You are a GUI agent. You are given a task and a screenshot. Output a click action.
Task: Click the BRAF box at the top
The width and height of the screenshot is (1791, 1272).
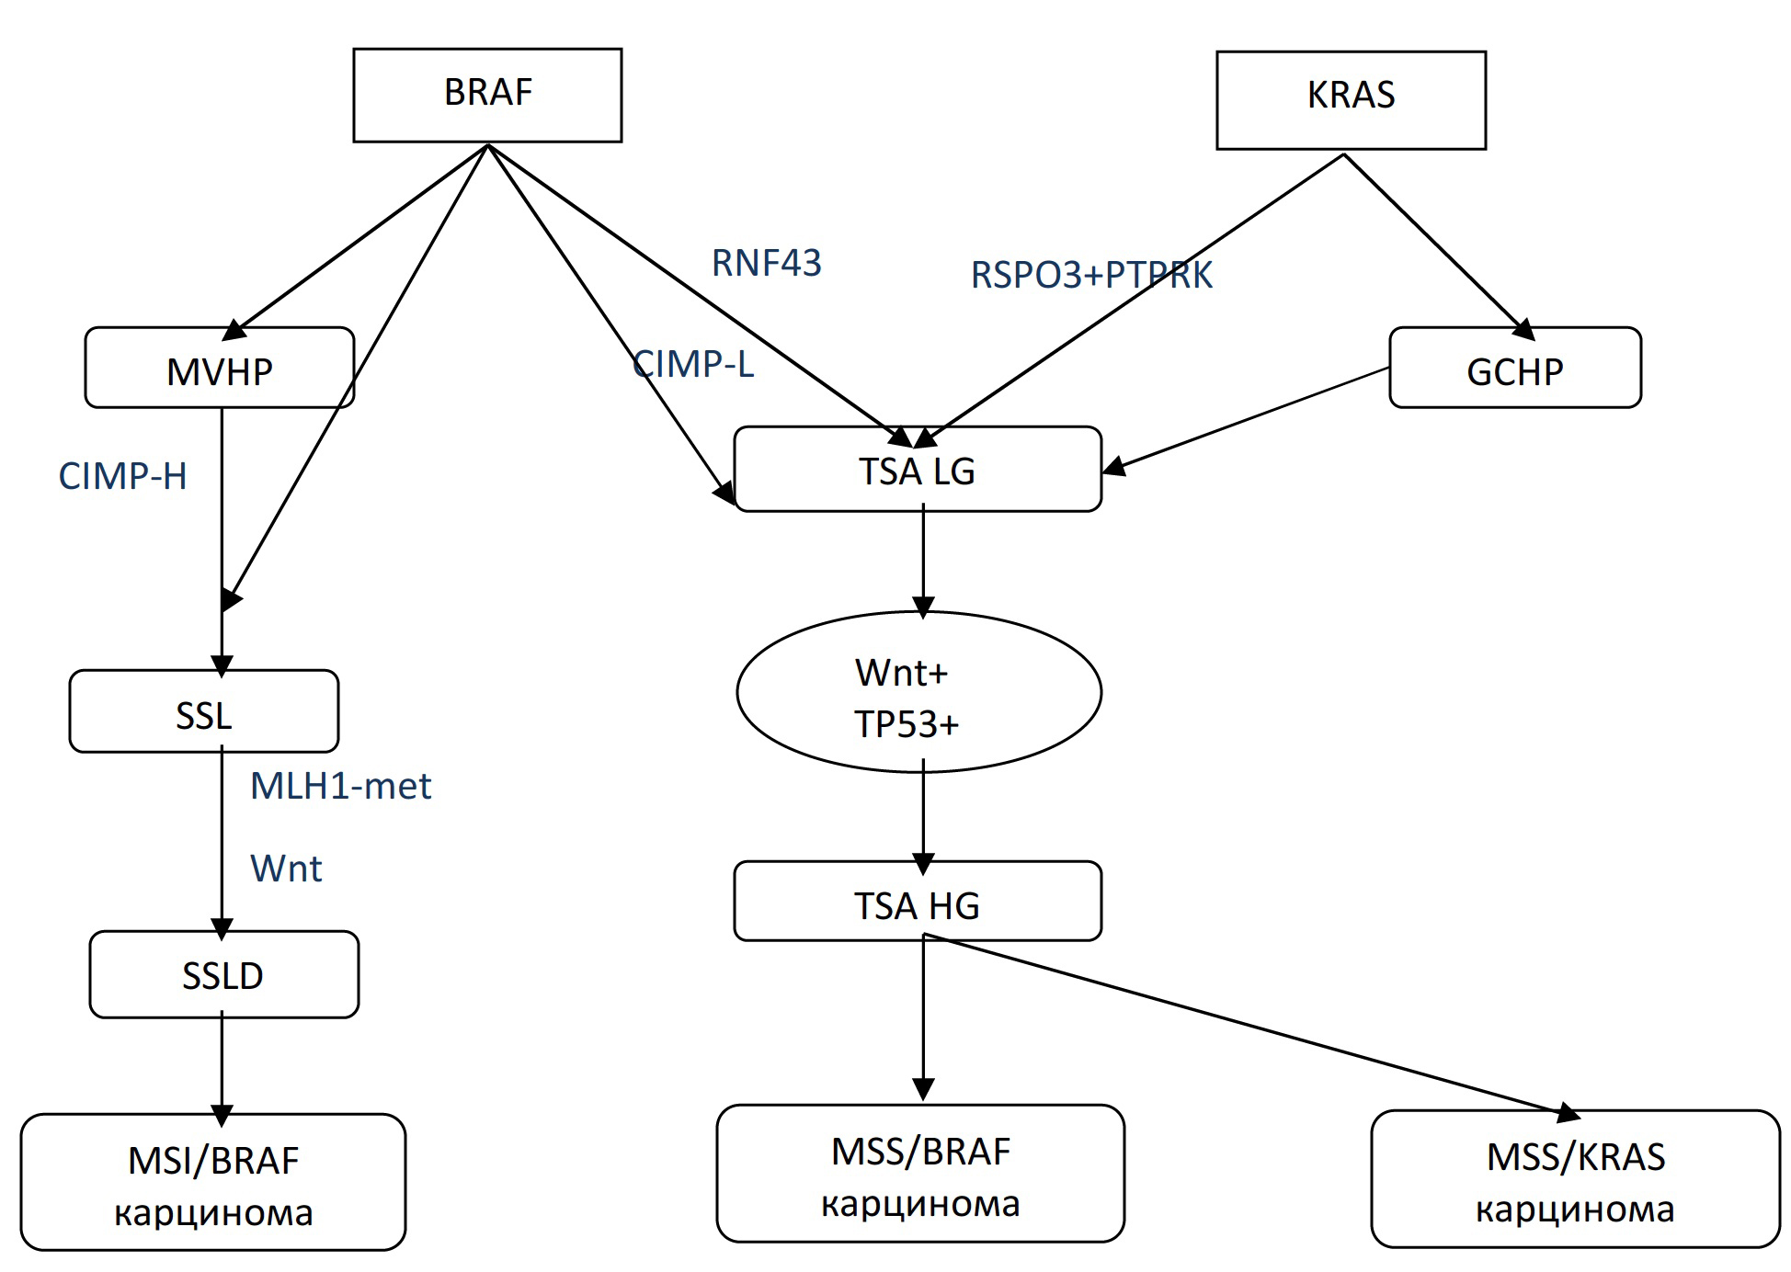tap(487, 95)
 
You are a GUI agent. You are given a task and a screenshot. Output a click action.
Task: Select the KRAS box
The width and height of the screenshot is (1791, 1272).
tap(1351, 99)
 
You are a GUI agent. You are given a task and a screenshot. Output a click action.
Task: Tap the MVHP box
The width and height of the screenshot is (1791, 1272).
tap(219, 368)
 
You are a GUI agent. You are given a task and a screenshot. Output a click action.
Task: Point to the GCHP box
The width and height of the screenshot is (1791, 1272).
tap(1514, 368)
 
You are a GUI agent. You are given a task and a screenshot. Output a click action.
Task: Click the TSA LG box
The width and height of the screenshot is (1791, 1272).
tap(917, 469)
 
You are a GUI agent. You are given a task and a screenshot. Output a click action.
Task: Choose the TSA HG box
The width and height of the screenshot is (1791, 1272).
tap(917, 902)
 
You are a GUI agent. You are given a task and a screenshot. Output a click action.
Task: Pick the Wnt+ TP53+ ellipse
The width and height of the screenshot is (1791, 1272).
tap(918, 693)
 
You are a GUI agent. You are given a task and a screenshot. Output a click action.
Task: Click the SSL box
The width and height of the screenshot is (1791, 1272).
tap(203, 711)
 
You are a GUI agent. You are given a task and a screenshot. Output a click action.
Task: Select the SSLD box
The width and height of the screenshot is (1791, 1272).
tap(223, 974)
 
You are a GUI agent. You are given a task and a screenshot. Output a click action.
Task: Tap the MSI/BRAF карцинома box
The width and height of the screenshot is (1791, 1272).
tap(212, 1182)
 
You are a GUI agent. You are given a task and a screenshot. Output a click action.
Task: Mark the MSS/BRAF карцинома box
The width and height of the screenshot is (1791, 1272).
tap(919, 1174)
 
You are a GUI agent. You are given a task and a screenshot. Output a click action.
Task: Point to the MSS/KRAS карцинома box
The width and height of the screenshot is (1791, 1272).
tap(1574, 1179)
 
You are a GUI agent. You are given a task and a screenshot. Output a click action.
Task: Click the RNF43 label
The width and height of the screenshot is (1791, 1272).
tap(766, 263)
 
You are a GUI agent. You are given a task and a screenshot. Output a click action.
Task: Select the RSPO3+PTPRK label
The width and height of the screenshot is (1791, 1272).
tap(1091, 275)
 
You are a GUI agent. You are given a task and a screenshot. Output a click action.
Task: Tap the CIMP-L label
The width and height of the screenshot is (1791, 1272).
tap(693, 364)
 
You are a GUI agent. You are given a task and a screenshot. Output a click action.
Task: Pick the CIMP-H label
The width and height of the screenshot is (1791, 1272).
tap(122, 476)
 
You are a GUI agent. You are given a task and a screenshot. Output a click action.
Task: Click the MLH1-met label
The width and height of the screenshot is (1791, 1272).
tap(340, 786)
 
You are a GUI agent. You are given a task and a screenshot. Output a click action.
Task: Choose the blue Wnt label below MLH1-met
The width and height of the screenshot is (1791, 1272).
tap(286, 869)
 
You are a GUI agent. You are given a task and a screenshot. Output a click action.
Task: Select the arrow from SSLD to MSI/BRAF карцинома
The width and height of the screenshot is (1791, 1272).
tap(222, 1066)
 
